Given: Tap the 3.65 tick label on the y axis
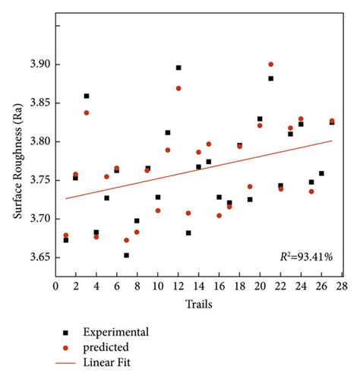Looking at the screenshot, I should pos(37,257).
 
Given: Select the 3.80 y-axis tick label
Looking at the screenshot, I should pos(37,142).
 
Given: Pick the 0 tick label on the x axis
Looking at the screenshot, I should pos(55,286).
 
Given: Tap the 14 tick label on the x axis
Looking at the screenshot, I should pos(198,286).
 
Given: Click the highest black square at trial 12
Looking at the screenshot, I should pos(178,68).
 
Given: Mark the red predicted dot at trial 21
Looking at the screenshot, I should pos(270,65).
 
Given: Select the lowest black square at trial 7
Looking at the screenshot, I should pos(127,255).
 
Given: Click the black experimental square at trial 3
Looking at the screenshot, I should pos(86,96).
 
